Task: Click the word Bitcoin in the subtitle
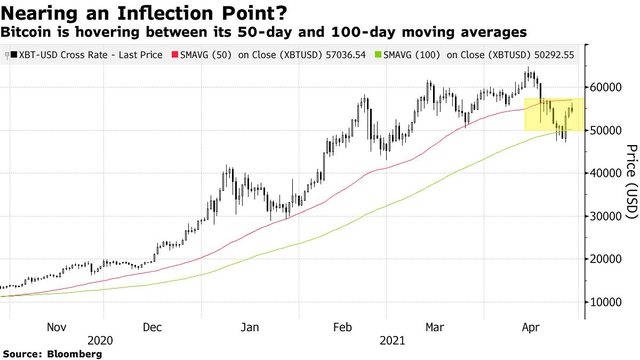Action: coord(29,33)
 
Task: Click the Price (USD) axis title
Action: coord(630,190)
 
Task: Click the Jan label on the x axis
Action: coord(251,326)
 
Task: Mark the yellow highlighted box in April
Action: coord(548,114)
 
